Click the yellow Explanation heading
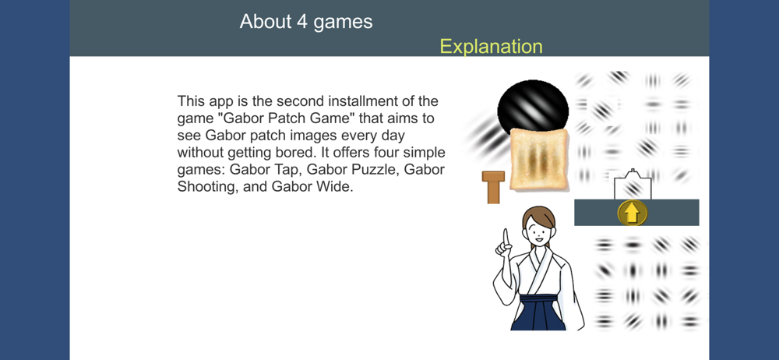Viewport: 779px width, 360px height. (491, 46)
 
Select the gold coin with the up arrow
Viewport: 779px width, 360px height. (632, 214)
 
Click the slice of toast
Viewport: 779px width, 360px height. (539, 159)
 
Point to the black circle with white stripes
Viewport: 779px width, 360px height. (533, 108)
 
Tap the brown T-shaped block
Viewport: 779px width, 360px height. (493, 187)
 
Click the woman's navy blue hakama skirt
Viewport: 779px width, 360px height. (538, 313)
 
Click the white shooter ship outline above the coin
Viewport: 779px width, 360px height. (633, 185)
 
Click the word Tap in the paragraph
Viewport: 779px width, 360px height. (290, 171)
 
